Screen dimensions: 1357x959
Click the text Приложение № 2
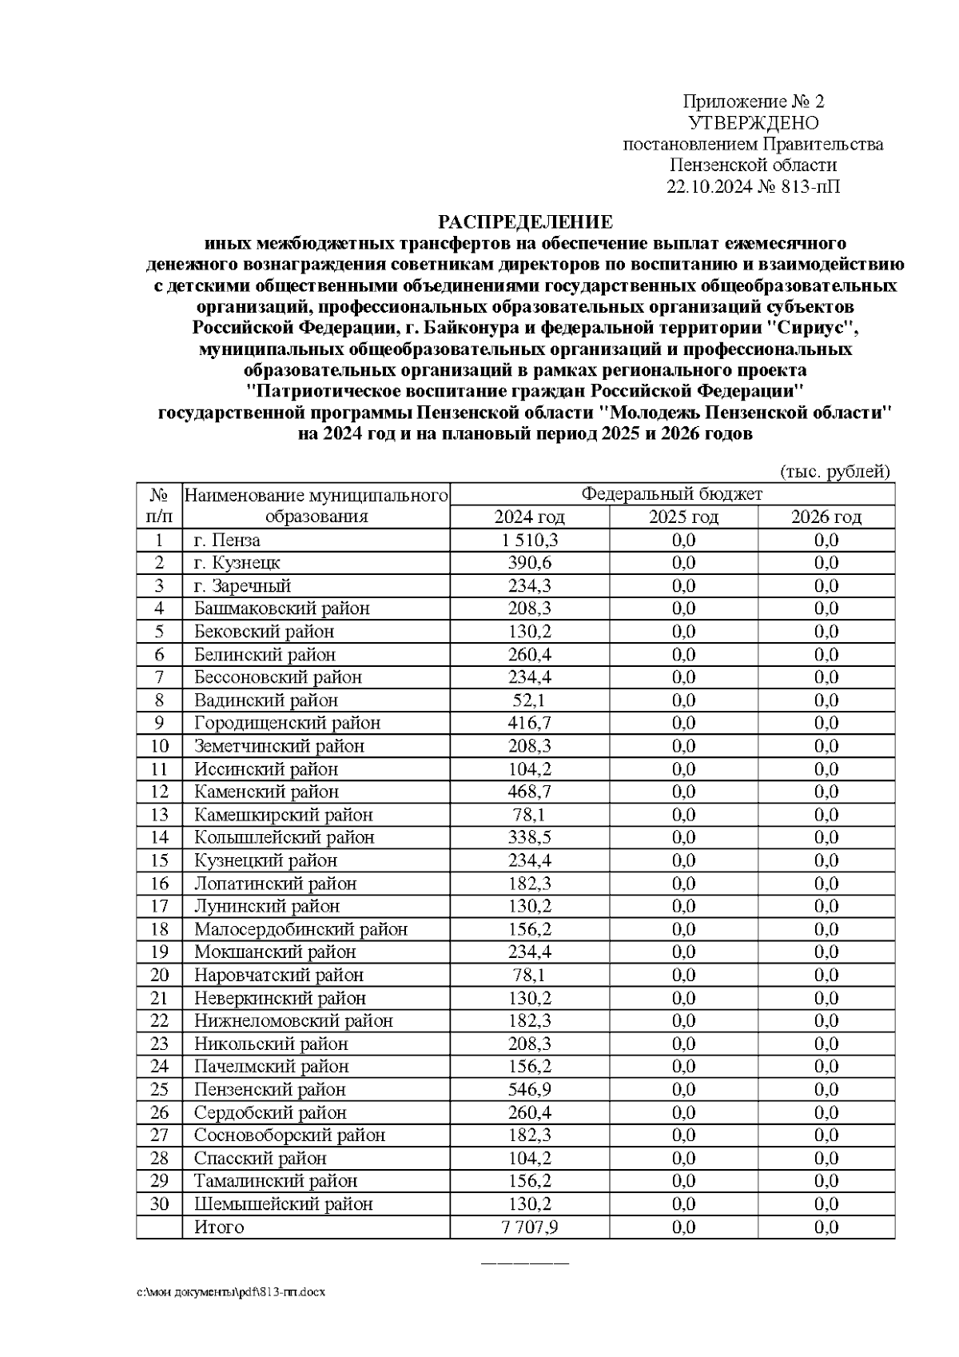753,102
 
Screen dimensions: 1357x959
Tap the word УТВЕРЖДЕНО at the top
753,123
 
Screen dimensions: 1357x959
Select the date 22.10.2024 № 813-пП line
753,187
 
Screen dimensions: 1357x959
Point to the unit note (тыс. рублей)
834,472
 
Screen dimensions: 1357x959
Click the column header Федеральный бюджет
671,494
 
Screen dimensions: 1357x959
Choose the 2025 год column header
683,517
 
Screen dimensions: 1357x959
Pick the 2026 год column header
826,517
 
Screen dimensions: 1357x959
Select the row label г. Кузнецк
237,563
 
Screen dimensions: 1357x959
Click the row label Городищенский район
287,723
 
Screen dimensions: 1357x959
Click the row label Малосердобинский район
300,929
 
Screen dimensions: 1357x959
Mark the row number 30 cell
160,1203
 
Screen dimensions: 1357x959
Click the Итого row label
219,1227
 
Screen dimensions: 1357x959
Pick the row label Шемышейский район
283,1203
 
